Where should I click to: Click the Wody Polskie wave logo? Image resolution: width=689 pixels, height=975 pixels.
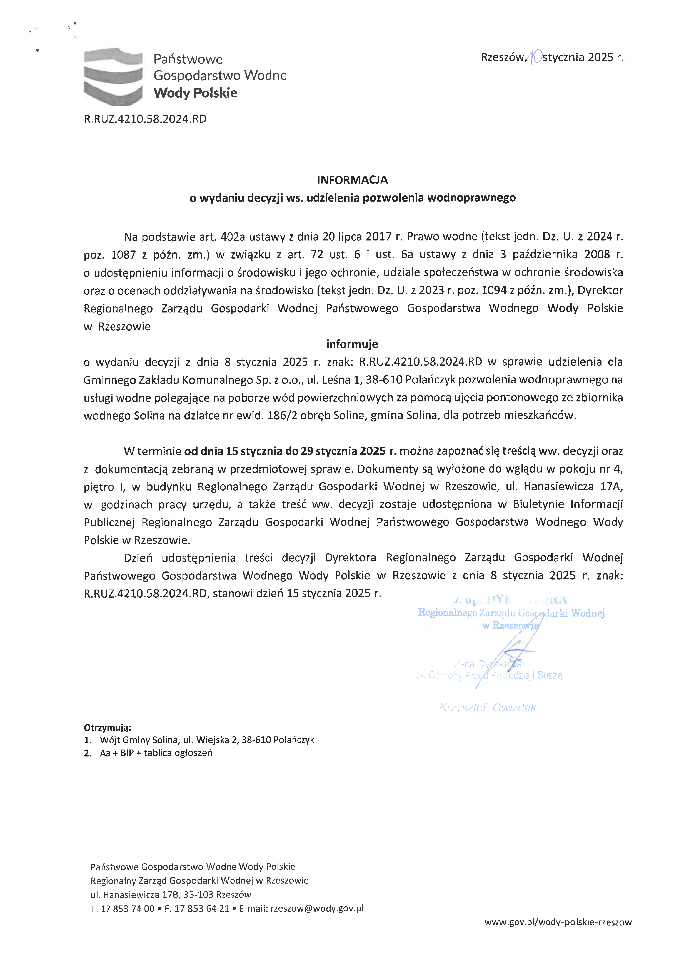pyautogui.click(x=113, y=76)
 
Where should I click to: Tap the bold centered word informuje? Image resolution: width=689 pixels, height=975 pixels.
pyautogui.click(x=352, y=344)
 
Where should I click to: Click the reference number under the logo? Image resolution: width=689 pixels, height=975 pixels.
pyautogui.click(x=145, y=119)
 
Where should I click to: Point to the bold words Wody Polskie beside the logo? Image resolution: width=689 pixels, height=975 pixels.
pyautogui.click(x=195, y=93)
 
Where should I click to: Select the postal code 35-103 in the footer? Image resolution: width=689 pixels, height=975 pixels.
pyautogui.click(x=199, y=895)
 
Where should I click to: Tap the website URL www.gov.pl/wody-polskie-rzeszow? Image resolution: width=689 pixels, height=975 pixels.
pyautogui.click(x=558, y=922)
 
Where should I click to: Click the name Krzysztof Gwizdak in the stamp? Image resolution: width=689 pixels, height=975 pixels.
pyautogui.click(x=488, y=707)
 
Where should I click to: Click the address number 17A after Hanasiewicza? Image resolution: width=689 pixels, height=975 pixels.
pyautogui.click(x=611, y=486)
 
